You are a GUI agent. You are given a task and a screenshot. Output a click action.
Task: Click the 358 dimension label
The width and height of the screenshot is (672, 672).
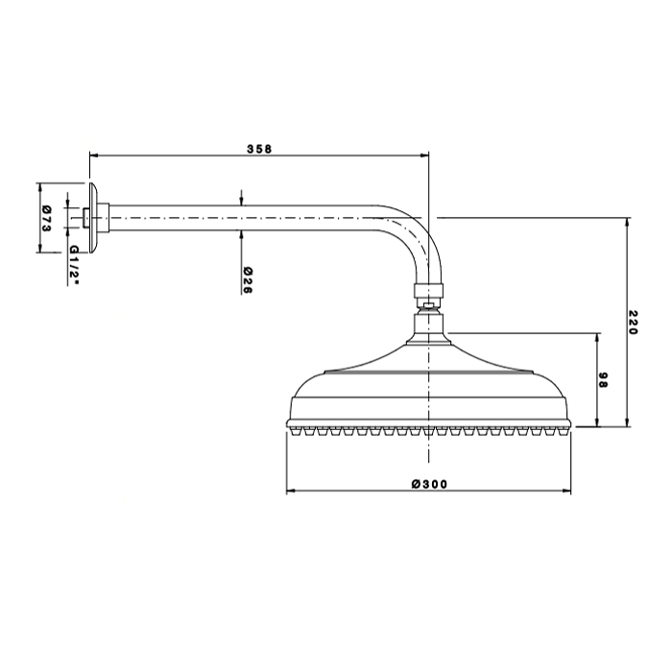(x=259, y=149)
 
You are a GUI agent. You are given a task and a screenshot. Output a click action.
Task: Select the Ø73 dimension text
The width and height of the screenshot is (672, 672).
(x=47, y=219)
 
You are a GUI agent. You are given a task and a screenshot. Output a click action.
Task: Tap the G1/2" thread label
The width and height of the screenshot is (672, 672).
(x=74, y=266)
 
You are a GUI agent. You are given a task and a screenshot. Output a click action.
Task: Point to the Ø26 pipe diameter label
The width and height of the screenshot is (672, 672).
(x=248, y=280)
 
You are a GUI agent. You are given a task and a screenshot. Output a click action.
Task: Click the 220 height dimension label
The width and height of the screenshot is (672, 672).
(x=634, y=323)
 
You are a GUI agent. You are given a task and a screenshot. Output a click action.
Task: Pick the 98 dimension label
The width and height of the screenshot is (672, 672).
(x=603, y=380)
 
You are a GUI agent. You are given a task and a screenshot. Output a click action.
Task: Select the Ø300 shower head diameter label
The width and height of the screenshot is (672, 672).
(x=429, y=484)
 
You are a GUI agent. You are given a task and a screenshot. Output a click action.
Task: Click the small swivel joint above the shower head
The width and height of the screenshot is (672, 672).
(x=428, y=305)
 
